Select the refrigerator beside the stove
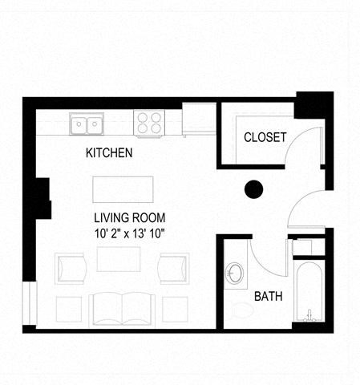[x=197, y=120]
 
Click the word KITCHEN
[x=109, y=152]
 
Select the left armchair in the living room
[x=71, y=268]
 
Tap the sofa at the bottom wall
[x=120, y=309]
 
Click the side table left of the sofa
[x=67, y=308]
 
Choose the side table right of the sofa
[x=174, y=308]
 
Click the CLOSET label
[x=265, y=137]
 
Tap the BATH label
[x=268, y=296]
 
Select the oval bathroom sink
[x=236, y=274]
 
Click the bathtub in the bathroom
[x=306, y=291]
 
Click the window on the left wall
[x=29, y=304]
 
